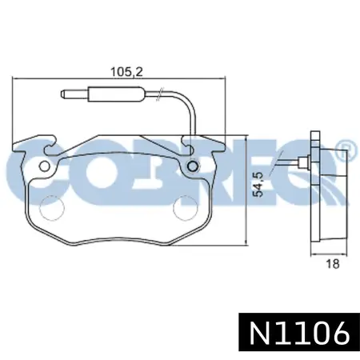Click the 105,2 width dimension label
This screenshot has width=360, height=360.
[x=126, y=72]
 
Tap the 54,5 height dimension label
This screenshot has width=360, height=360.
[x=258, y=185]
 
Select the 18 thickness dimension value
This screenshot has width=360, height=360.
[x=333, y=264]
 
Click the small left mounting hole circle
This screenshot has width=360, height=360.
[x=44, y=166]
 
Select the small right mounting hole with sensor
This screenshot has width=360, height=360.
[x=193, y=166]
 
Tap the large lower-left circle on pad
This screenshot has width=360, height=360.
[x=52, y=208]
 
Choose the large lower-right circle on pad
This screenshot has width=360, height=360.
[x=186, y=208]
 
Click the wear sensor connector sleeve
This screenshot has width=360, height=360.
[x=117, y=94]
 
